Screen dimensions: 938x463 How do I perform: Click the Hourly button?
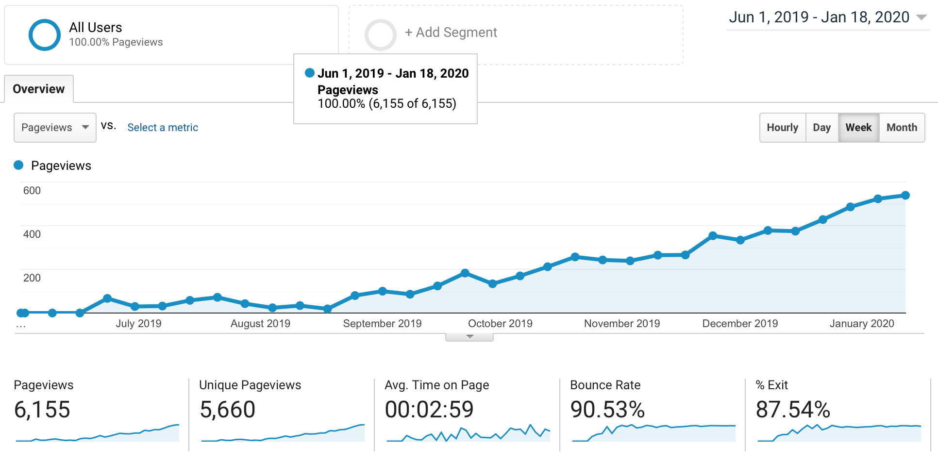tap(783, 128)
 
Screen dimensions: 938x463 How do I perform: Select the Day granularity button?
tap(822, 128)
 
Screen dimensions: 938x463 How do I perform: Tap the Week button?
tap(858, 128)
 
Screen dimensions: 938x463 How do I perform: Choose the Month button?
tap(902, 128)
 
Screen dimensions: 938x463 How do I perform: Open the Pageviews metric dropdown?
tap(55, 128)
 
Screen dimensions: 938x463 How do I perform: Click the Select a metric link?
tap(163, 128)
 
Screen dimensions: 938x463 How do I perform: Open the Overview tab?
tap(39, 89)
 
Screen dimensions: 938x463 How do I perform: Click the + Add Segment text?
tap(451, 33)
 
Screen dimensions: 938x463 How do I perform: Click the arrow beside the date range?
tap(921, 17)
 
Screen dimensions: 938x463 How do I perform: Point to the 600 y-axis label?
tap(32, 191)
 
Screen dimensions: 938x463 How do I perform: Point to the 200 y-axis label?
tap(32, 278)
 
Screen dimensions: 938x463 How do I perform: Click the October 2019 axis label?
tap(500, 324)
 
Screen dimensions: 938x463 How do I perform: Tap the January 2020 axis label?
tap(862, 324)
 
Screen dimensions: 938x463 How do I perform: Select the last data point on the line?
tap(905, 196)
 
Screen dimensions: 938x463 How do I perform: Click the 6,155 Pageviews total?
tap(42, 410)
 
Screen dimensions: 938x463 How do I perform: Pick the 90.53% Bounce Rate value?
tap(607, 410)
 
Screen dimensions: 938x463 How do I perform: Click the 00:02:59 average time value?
tap(429, 410)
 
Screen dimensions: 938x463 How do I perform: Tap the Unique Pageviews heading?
tap(250, 385)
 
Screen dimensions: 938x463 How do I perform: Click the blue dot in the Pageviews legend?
tap(18, 165)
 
